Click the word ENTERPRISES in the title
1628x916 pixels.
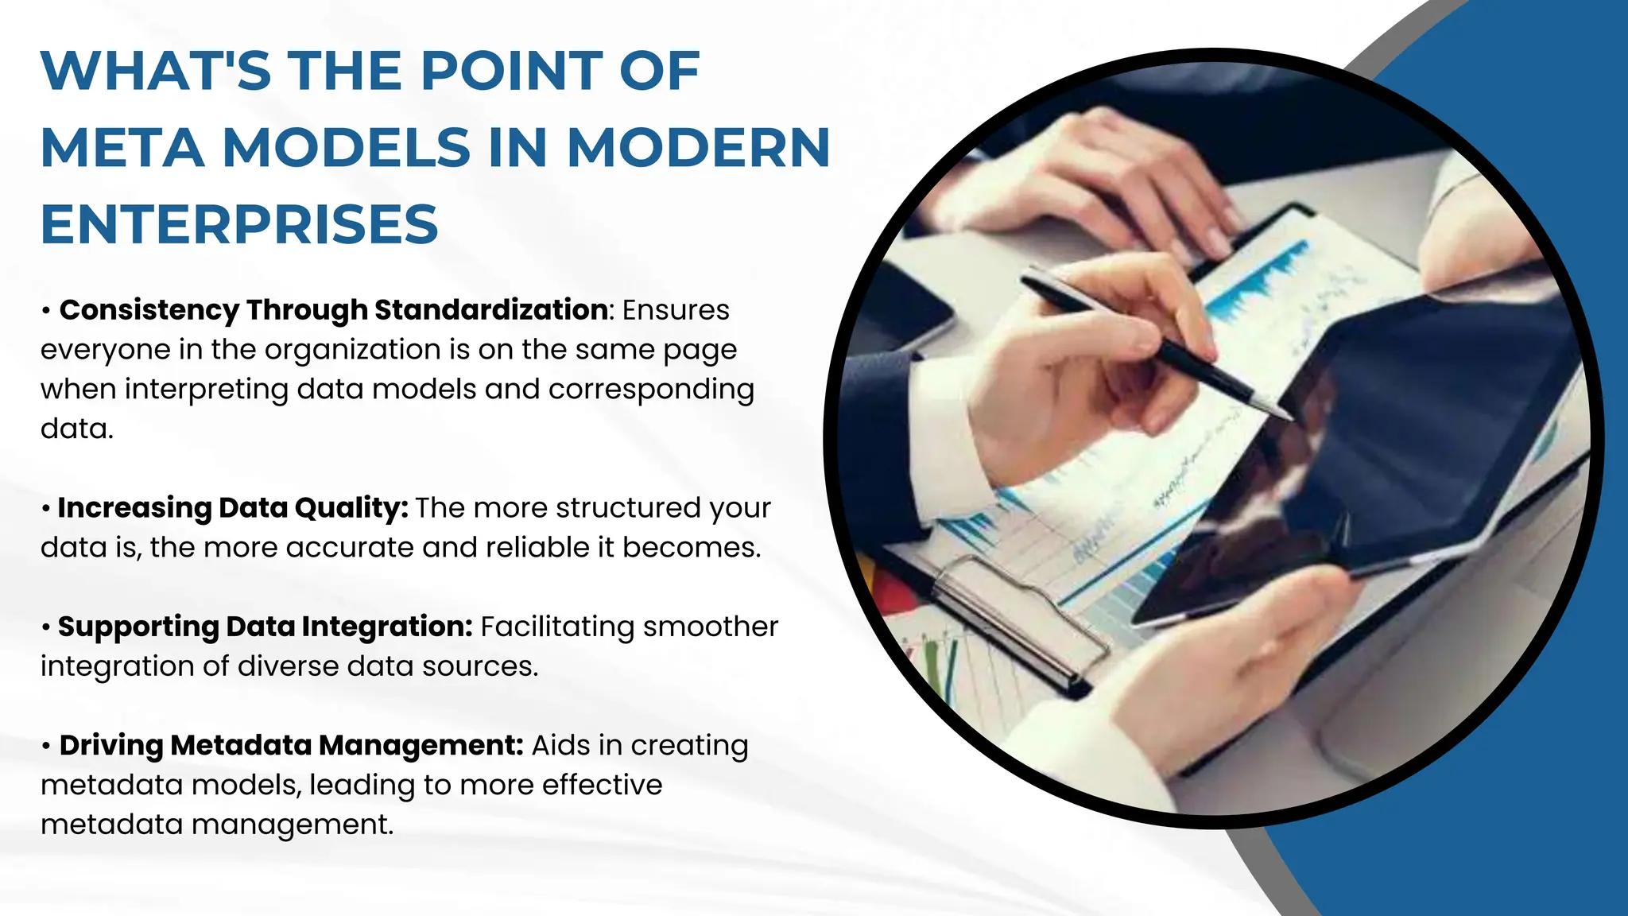(x=239, y=224)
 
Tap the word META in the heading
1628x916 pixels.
(x=122, y=148)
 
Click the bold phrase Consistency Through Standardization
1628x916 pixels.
(x=334, y=310)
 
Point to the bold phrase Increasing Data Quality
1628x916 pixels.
(x=232, y=508)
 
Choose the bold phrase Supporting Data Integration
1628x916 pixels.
(x=266, y=627)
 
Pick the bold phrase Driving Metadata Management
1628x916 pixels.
(x=291, y=746)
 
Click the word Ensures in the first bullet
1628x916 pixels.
(x=676, y=310)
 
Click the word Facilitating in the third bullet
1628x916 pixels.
(x=557, y=627)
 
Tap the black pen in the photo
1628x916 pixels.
(x=1153, y=342)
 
